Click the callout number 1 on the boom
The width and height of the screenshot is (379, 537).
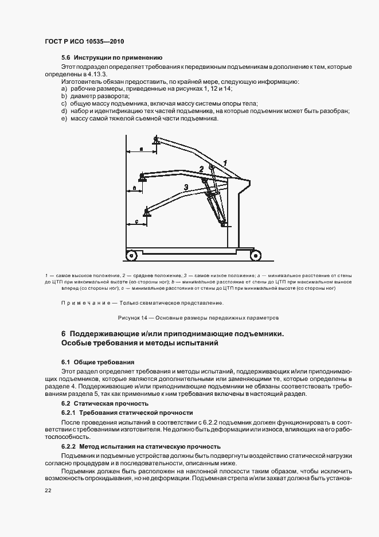(x=226, y=162)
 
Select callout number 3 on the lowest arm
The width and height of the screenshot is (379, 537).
(x=186, y=187)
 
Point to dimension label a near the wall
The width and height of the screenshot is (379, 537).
(x=141, y=149)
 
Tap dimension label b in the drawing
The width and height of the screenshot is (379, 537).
(x=134, y=188)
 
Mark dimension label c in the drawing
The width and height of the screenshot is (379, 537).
(x=136, y=220)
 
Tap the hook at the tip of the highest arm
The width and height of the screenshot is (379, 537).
(x=157, y=139)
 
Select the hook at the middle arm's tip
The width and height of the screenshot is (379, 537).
(x=142, y=178)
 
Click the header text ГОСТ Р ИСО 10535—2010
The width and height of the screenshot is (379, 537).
(x=85, y=42)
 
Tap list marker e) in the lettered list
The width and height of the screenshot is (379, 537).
(x=64, y=118)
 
